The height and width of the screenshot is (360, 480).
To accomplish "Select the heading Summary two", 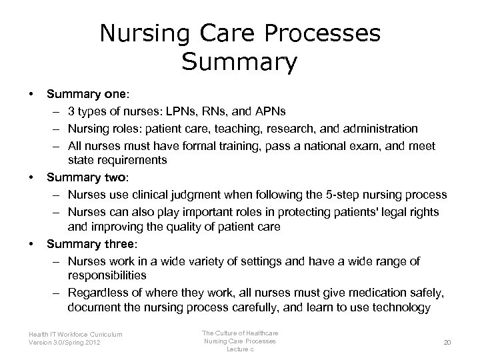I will click(77, 178).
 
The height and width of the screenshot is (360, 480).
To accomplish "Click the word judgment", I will click(163, 195).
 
